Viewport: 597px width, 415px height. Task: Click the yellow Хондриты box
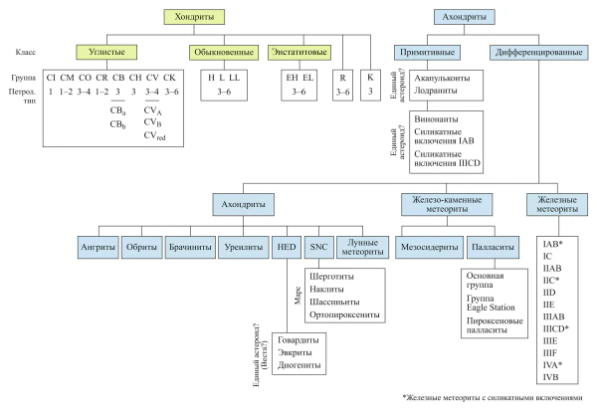(x=194, y=17)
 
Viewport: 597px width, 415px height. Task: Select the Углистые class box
(x=106, y=52)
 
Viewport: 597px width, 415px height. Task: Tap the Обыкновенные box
(x=224, y=53)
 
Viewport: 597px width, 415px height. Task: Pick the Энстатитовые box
(x=299, y=53)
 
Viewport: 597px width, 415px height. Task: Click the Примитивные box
(x=427, y=53)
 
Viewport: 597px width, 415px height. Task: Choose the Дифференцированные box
(x=538, y=53)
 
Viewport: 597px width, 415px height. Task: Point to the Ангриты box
(x=98, y=247)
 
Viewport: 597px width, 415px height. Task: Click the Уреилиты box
(x=244, y=247)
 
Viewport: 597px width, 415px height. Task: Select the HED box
(x=287, y=247)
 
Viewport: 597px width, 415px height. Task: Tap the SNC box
(x=319, y=247)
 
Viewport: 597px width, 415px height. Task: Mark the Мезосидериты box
(x=430, y=247)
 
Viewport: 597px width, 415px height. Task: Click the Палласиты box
(x=494, y=247)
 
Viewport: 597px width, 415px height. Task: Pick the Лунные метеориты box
(x=362, y=247)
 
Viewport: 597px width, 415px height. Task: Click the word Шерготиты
(x=331, y=277)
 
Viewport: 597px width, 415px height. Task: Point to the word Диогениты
(x=299, y=365)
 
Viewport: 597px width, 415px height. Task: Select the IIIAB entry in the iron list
(x=554, y=316)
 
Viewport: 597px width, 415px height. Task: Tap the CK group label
(x=169, y=78)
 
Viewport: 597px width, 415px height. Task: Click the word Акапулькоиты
(x=442, y=78)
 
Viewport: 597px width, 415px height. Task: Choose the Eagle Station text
(x=491, y=308)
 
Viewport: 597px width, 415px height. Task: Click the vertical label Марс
(x=298, y=296)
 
